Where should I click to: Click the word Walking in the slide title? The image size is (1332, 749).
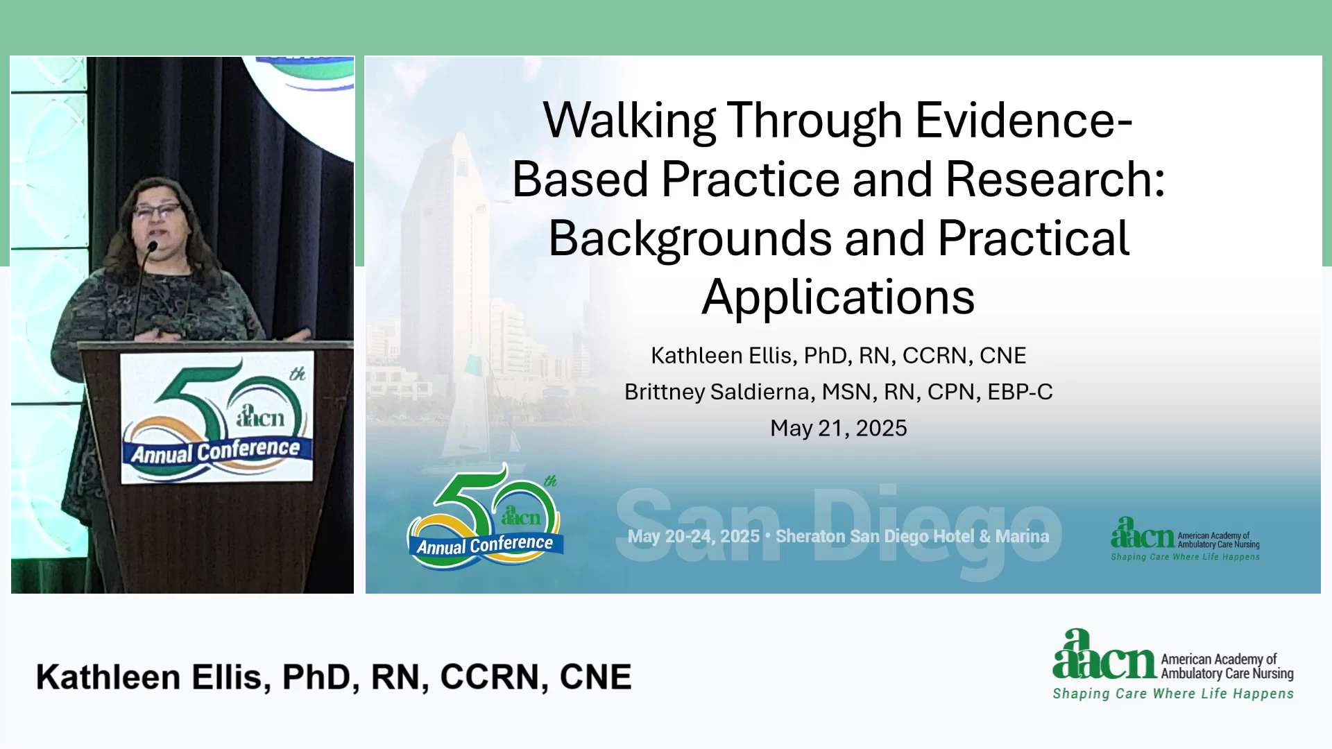point(629,121)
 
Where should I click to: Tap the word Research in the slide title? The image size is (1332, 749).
point(1055,179)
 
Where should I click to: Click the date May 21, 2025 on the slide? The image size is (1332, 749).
point(838,428)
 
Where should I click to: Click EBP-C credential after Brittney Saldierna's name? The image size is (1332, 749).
point(1020,392)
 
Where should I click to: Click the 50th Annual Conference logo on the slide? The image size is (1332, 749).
point(485,517)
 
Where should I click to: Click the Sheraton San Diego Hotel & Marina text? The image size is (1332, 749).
point(912,536)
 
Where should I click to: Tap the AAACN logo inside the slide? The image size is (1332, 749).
point(1185,538)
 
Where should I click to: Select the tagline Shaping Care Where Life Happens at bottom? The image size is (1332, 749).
point(1173,694)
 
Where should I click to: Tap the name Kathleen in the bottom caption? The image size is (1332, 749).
point(108,677)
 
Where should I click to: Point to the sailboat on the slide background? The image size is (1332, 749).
point(479,409)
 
